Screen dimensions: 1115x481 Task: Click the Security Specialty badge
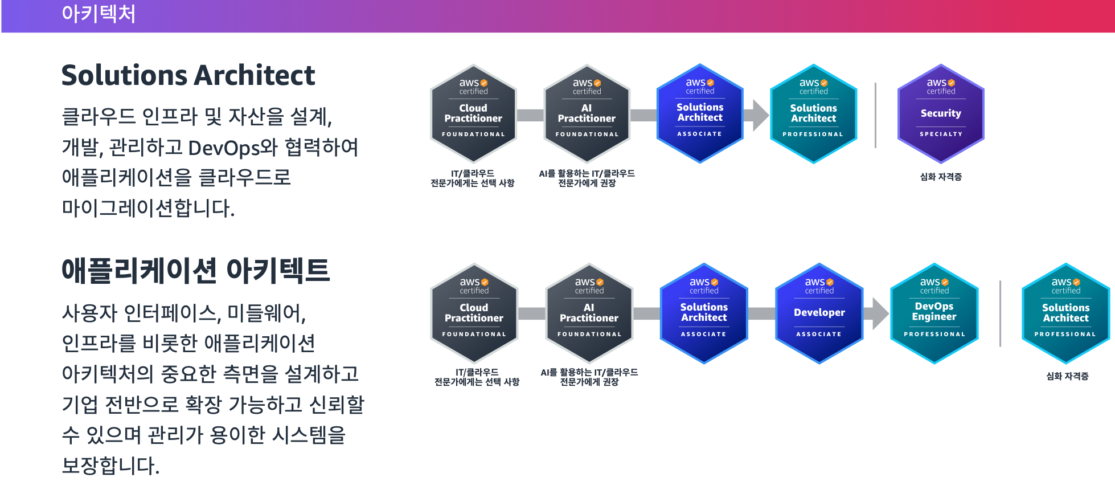(x=941, y=114)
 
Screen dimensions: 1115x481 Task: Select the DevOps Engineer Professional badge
(x=934, y=313)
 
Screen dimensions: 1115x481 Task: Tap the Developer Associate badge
(x=819, y=313)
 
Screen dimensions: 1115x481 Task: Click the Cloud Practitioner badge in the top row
(x=473, y=114)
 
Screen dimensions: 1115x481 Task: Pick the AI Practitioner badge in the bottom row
(x=589, y=313)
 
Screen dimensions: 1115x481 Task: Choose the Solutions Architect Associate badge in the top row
(x=700, y=114)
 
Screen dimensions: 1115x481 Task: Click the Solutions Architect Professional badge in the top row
(x=813, y=114)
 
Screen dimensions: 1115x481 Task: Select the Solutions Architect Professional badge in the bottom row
(x=1065, y=313)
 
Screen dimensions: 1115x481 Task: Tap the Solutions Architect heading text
(x=188, y=75)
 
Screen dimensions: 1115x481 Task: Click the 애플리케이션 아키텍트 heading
(x=195, y=271)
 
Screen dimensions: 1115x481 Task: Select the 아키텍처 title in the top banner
(x=99, y=14)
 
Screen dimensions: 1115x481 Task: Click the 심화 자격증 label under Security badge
(x=941, y=177)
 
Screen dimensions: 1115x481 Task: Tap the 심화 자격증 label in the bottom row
(x=1067, y=376)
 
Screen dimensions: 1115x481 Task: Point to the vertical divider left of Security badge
(x=875, y=115)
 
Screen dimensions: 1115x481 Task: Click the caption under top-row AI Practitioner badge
(x=587, y=178)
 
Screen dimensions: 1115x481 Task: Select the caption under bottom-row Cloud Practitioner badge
(x=477, y=377)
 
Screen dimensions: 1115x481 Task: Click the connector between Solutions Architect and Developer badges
(x=761, y=313)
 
